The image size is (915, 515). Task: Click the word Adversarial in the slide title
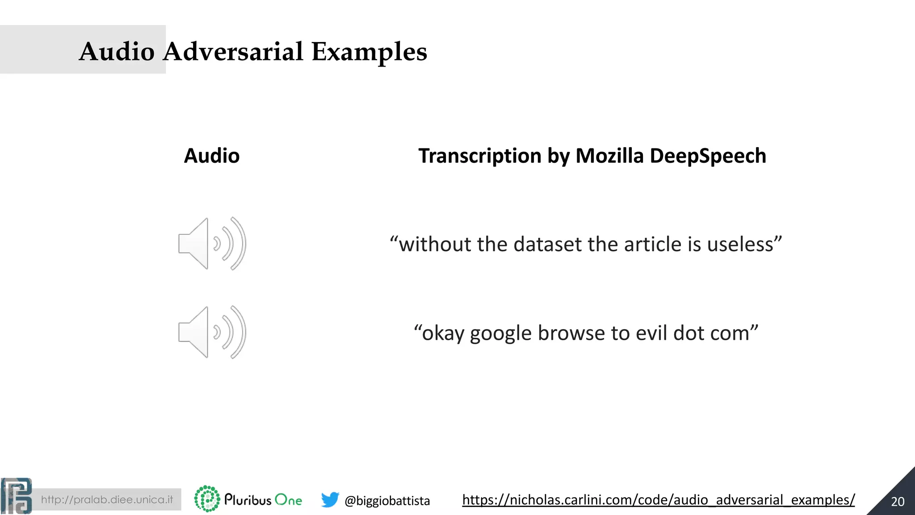(233, 51)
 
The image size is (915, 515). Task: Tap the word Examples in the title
(369, 52)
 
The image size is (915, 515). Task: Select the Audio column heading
(212, 156)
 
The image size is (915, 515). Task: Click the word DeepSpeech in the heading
(708, 156)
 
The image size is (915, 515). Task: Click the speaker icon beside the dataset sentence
(212, 244)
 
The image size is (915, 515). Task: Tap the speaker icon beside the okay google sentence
(212, 332)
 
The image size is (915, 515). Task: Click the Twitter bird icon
(330, 499)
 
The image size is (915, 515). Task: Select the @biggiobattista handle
(387, 501)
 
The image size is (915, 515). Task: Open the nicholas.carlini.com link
(658, 500)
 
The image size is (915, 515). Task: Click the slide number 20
(898, 502)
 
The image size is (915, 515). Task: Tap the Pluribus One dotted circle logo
(207, 499)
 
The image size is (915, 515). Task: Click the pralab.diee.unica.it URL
(107, 499)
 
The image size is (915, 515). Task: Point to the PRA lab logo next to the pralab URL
(17, 496)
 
